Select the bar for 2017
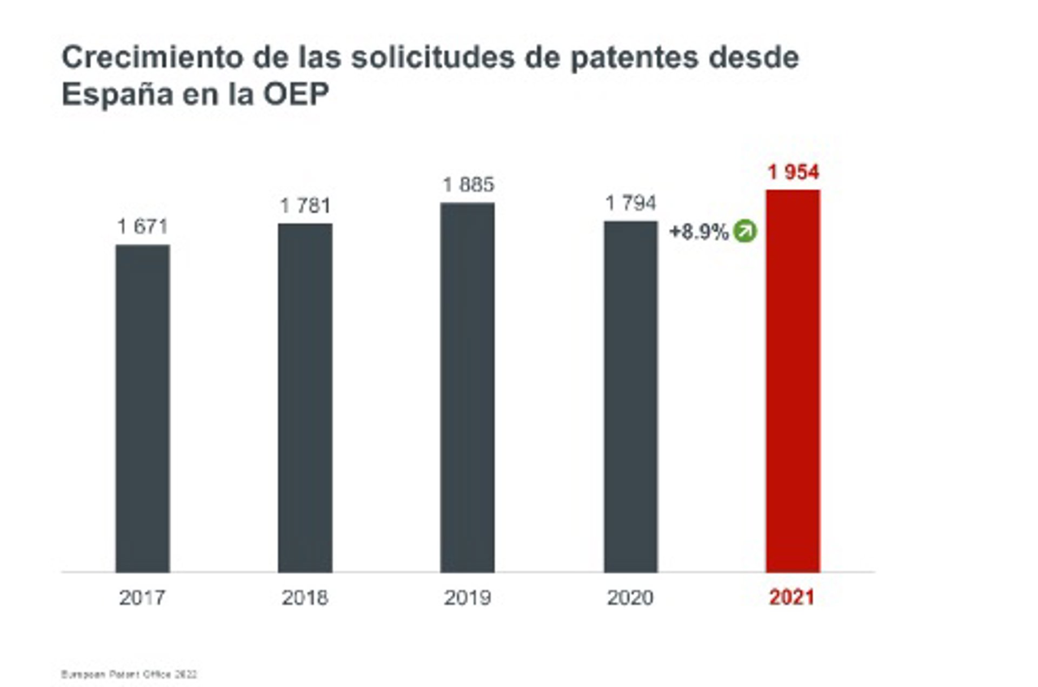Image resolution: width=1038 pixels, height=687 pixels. pos(143,408)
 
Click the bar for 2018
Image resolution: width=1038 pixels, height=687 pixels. pos(305,398)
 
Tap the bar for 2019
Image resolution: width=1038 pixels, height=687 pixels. pos(468,387)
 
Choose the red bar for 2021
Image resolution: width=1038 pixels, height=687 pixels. pos(793,381)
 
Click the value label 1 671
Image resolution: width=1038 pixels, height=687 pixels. pos(143,226)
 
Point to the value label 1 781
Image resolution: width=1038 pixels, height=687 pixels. pos(305,206)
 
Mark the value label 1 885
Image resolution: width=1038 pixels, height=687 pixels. pos(468,185)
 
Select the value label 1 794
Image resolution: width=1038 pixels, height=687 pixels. pos(631,203)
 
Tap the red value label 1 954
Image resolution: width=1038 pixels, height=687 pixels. pos(794,173)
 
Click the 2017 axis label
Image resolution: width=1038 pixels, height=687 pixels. pos(142,598)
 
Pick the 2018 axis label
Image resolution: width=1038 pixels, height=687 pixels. pos(305,598)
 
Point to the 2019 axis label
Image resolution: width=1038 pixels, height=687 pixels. pos(468,598)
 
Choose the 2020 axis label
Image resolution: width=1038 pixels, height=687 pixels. pos(630,598)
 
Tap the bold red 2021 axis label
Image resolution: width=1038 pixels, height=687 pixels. pos(792,598)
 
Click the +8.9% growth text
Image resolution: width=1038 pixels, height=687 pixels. pos(699,232)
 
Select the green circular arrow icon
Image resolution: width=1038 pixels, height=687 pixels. pos(746,232)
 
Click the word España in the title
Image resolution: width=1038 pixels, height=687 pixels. pos(117,95)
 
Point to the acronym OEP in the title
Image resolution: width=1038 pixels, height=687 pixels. pos(296,95)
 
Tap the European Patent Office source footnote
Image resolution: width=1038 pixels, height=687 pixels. pos(129,675)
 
